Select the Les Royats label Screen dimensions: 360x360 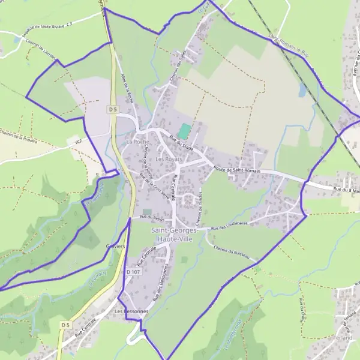tap(168, 160)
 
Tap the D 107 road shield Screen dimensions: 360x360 tap(133, 272)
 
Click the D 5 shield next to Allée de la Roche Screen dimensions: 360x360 tap(114, 109)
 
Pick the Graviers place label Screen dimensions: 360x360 tap(114, 247)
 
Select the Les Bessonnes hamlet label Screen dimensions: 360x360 tap(131, 312)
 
